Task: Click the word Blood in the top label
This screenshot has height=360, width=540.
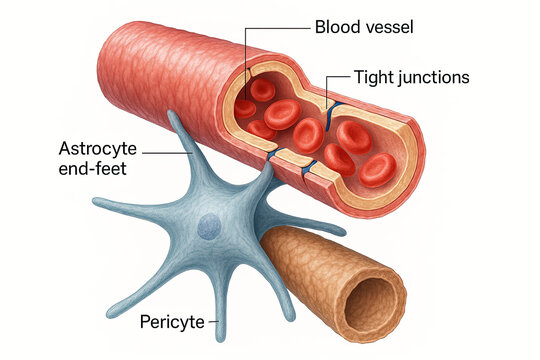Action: click(336, 27)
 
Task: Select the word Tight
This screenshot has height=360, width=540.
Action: click(373, 77)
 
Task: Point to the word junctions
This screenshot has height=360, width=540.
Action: click(435, 77)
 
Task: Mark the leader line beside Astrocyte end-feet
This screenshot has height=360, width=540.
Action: click(170, 152)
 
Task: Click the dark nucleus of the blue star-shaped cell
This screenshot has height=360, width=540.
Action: click(209, 228)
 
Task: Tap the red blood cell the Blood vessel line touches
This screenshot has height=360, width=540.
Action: click(245, 106)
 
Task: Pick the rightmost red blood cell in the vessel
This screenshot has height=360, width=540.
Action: click(378, 169)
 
